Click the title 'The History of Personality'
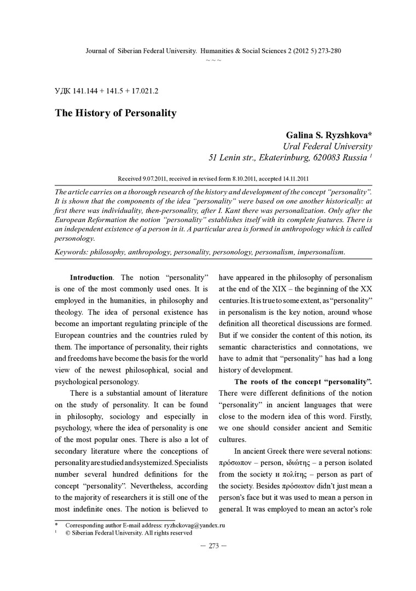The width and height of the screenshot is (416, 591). point(115,113)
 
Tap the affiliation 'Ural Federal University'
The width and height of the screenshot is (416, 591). point(327,146)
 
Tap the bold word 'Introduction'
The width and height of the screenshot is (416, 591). point(92,277)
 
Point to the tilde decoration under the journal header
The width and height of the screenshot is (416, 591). point(213,59)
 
